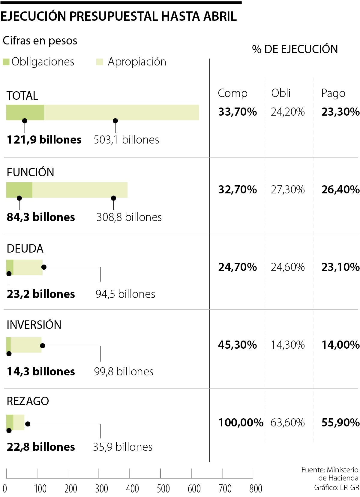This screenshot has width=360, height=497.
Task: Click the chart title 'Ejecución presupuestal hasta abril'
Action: click(118, 17)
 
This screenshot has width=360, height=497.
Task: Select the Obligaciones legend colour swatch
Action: click(6, 62)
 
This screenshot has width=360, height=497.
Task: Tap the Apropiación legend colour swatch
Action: click(100, 62)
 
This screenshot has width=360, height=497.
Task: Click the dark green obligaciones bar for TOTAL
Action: click(25, 112)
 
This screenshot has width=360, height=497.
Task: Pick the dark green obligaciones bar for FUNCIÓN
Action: click(19, 190)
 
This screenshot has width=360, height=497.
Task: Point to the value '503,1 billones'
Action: click(126, 140)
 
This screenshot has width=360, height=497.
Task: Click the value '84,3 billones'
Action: click(41, 217)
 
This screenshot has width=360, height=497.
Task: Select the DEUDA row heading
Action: click(25, 249)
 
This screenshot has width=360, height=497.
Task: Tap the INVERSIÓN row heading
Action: click(34, 325)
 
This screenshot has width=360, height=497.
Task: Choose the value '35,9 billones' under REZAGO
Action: click(123, 447)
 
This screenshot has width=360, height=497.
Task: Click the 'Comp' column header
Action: click(232, 93)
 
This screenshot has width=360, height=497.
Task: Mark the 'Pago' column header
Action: click(333, 93)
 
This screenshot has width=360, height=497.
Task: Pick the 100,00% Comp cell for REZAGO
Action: click(241, 423)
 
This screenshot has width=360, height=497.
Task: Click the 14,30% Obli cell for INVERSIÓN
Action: click(288, 345)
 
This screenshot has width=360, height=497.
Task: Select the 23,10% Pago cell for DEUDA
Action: click(340, 267)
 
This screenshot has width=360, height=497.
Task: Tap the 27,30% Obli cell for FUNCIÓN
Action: click(288, 190)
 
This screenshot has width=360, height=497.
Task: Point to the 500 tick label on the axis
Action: click(163, 489)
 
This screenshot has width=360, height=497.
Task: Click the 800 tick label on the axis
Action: click(256, 489)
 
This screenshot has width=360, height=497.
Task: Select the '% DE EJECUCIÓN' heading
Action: click(295, 49)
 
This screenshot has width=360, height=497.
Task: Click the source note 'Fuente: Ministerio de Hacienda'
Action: click(330, 474)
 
